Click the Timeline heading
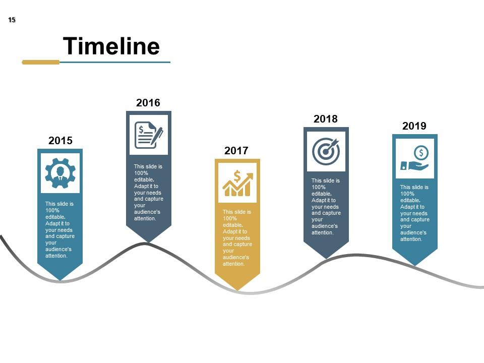[x=111, y=46]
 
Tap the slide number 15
[x=12, y=20]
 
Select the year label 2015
[x=60, y=141]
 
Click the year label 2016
[x=148, y=103]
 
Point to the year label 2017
[x=236, y=151]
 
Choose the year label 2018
[x=326, y=119]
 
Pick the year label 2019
[x=414, y=126]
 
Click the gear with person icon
[x=60, y=173]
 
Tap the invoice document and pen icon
[x=149, y=135]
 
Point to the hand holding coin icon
[x=415, y=158]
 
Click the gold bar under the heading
[x=41, y=62]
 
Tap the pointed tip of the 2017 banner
[x=237, y=289]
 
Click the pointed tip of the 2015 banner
[x=60, y=279]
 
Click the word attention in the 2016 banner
[x=145, y=218]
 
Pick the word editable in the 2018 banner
[x=321, y=194]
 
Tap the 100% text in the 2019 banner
[x=407, y=194]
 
